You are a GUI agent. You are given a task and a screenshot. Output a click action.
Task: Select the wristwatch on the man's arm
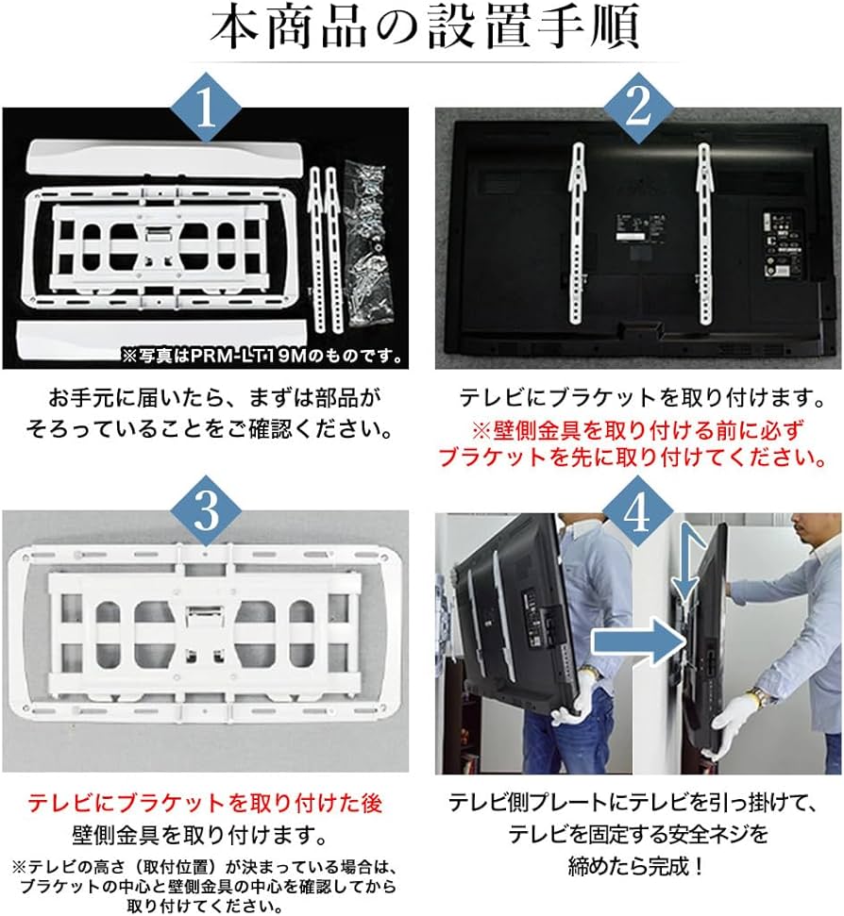tap(758, 699)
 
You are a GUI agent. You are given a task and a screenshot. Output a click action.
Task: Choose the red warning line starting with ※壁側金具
tap(638, 429)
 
